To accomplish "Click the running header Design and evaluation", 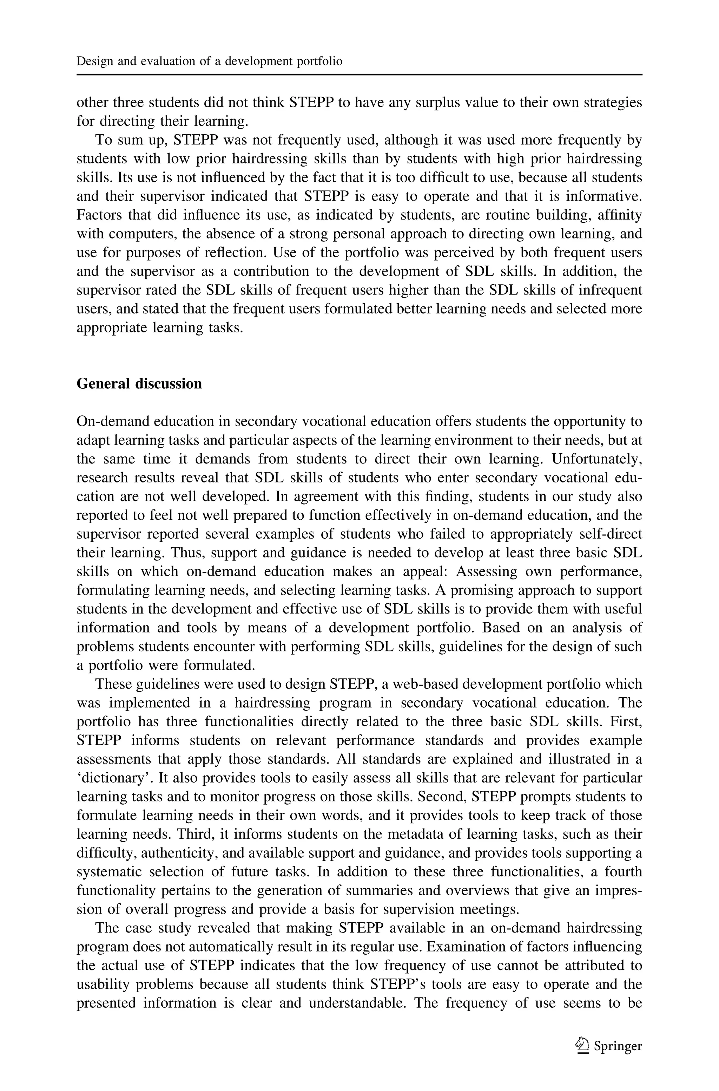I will tap(209, 61).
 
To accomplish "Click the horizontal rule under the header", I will tap(359, 74).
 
